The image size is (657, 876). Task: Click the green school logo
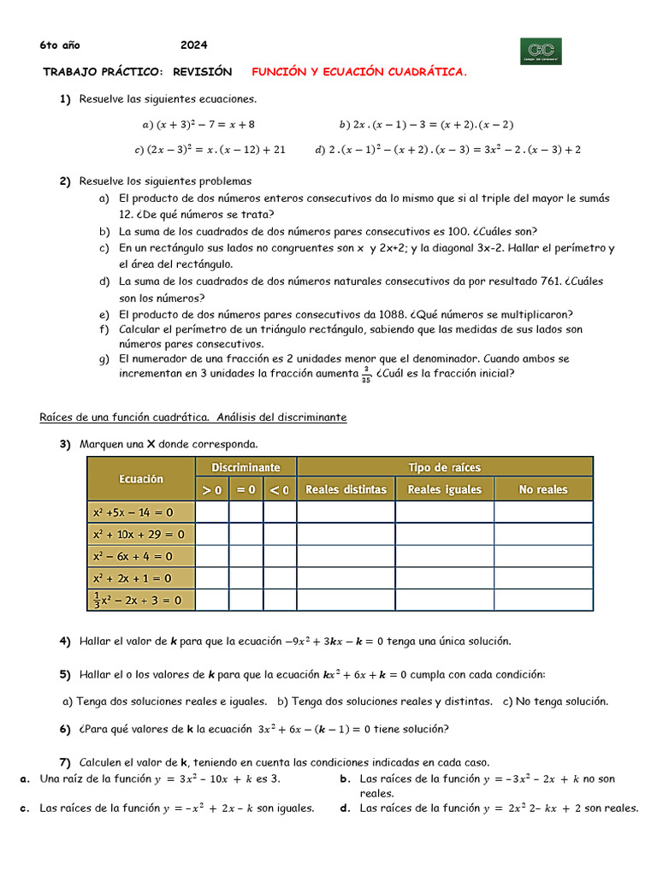pos(541,50)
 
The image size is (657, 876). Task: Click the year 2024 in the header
pos(193,45)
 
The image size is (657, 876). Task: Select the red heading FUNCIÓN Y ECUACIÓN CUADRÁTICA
pos(359,73)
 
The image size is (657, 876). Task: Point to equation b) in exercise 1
pos(426,124)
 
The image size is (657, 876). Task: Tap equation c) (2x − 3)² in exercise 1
pos(210,150)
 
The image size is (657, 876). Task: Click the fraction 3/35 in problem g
pos(365,374)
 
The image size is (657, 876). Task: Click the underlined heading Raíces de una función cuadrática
pos(192,417)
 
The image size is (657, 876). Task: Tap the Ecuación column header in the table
pos(141,479)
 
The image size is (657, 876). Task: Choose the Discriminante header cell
pos(246,467)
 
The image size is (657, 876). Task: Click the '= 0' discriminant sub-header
pos(246,490)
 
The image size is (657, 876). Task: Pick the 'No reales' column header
pos(543,490)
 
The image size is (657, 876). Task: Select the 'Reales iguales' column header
pos(444,490)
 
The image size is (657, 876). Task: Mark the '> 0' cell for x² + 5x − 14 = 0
pos(212,512)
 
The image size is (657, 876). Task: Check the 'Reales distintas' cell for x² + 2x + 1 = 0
pos(346,577)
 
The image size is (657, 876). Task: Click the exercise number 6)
pos(65,730)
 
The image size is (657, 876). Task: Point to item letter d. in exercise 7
pos(344,808)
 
